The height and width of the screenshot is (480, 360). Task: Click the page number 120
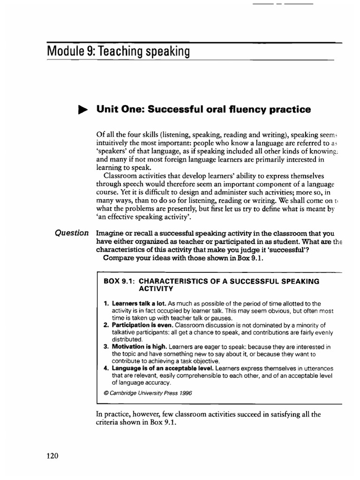[52, 456]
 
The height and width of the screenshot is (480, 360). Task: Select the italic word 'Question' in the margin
[72, 233]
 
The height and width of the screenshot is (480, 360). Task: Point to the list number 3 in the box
[106, 347]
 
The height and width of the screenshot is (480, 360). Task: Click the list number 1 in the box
[106, 304]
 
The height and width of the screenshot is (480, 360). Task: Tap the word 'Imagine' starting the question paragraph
[109, 233]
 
